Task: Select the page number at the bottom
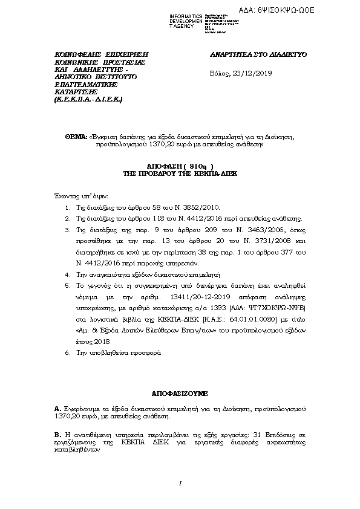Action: pos(180,482)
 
